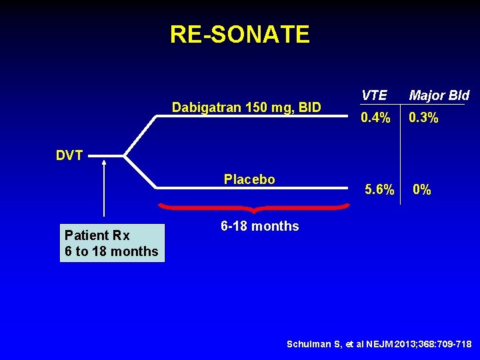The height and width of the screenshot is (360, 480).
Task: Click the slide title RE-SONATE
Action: tap(239, 34)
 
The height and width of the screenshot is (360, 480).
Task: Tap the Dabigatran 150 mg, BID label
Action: tap(246, 107)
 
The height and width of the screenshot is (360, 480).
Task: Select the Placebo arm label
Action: tap(249, 179)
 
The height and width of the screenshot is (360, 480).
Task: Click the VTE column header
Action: tap(373, 95)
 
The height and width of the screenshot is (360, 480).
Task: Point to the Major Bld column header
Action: tap(439, 95)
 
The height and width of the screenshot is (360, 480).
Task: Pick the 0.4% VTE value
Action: tap(375, 118)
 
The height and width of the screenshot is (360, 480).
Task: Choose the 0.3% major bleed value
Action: tap(423, 118)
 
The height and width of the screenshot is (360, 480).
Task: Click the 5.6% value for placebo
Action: tap(379, 190)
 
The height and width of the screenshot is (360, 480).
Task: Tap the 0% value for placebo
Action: tap(421, 190)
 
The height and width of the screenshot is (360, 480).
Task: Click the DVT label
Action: tap(69, 156)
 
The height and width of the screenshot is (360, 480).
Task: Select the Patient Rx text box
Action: tap(111, 243)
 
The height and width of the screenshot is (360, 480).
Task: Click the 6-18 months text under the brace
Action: tap(259, 226)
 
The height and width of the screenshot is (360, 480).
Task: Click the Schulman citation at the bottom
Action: tap(379, 344)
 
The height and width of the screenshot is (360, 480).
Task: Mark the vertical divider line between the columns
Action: tap(401, 147)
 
